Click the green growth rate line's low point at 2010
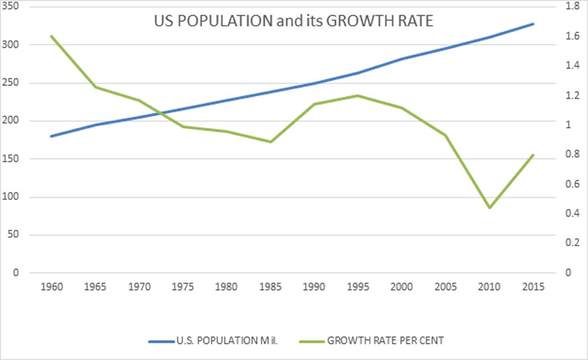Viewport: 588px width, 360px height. pos(490,208)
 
